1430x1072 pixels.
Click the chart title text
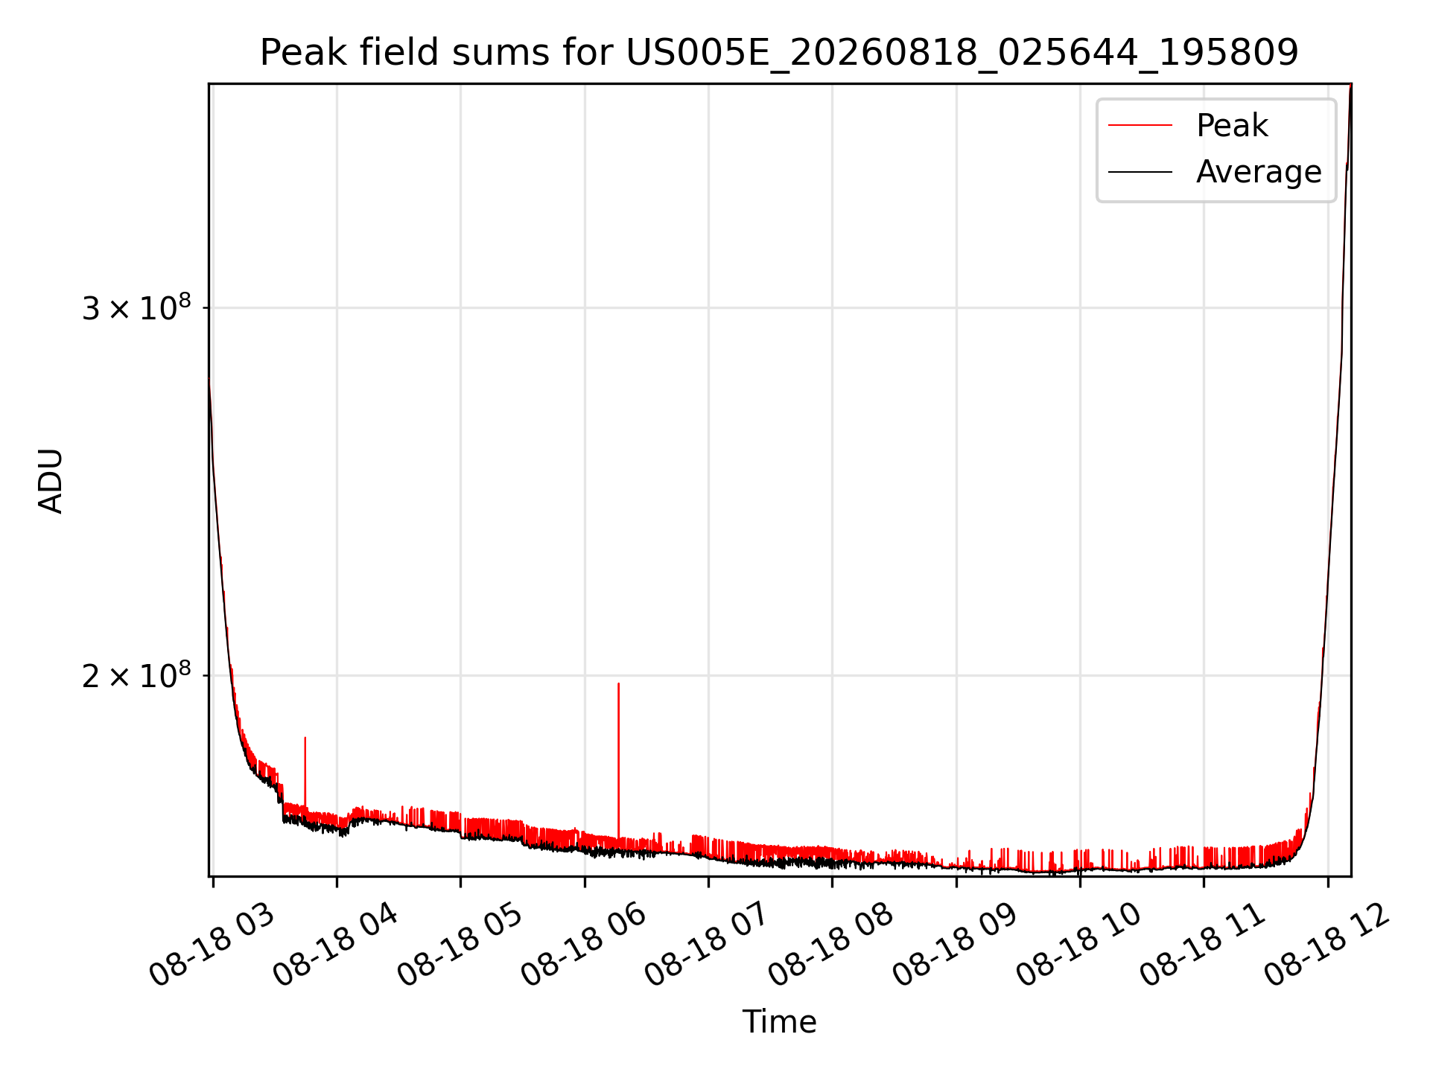779,53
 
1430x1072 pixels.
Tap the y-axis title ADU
51,480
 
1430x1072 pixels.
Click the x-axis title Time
779,1021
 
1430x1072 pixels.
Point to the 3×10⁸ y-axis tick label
136,307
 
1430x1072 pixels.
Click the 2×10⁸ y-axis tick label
136,675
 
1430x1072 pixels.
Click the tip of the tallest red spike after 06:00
618,683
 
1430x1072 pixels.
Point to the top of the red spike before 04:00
305,738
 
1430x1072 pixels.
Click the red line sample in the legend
1140,126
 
